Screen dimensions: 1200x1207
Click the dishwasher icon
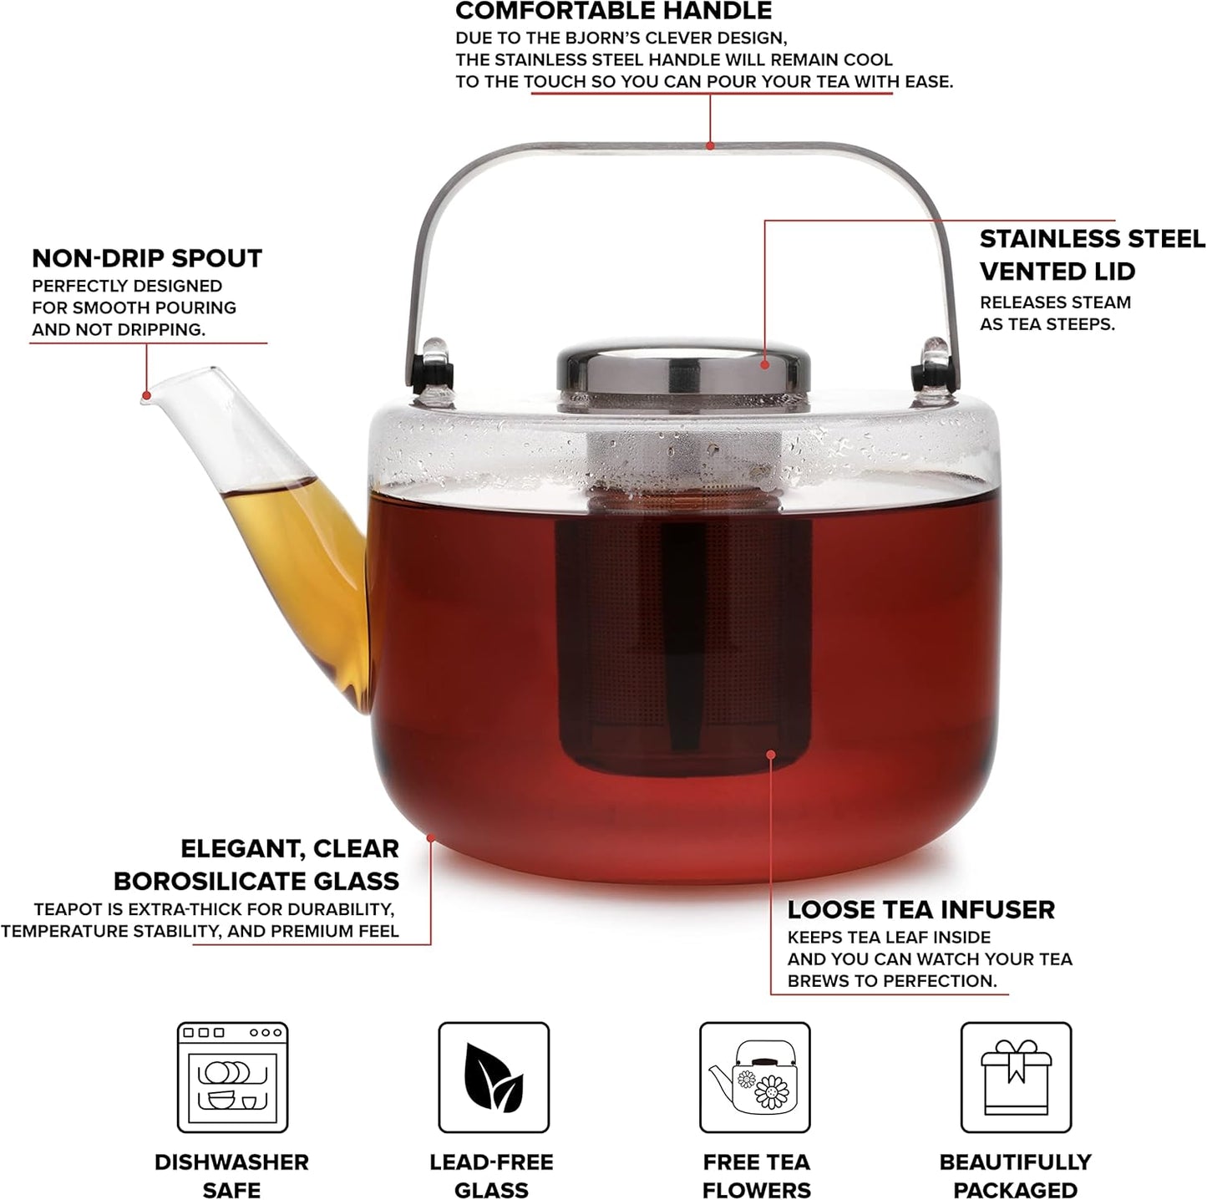pyautogui.click(x=232, y=1077)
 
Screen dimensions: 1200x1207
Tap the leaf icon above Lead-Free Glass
pyautogui.click(x=494, y=1077)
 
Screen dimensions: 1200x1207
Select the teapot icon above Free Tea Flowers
pyautogui.click(x=754, y=1077)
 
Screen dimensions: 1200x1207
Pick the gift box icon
pyautogui.click(x=1016, y=1077)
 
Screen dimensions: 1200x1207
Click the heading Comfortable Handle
pyautogui.click(x=614, y=12)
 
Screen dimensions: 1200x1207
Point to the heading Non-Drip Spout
pyautogui.click(x=147, y=258)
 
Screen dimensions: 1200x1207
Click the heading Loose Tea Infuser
pyautogui.click(x=921, y=909)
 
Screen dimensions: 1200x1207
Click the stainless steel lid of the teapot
pyautogui.click(x=683, y=373)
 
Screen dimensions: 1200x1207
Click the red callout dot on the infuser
pyautogui.click(x=771, y=754)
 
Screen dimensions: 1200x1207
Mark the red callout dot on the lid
pyautogui.click(x=765, y=364)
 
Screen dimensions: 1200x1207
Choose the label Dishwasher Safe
pyautogui.click(x=232, y=1176)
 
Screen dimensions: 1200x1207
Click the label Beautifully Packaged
pyautogui.click(x=1016, y=1176)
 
